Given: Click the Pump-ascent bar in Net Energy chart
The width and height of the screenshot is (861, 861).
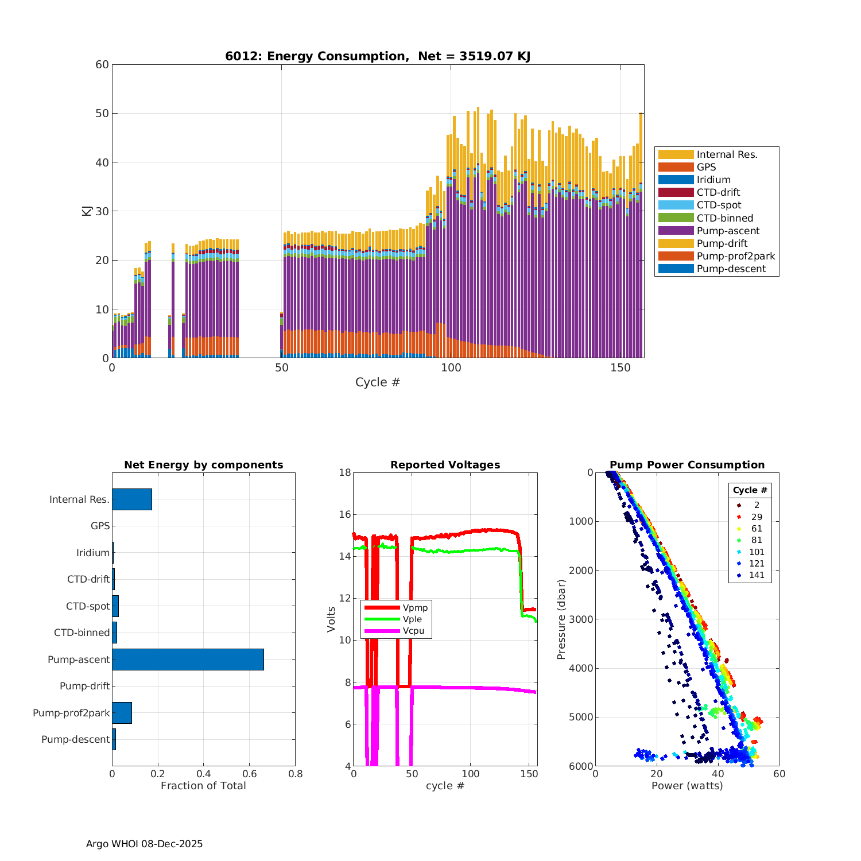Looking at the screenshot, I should [x=188, y=660].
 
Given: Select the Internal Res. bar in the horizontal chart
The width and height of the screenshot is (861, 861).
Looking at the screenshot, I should [x=132, y=499].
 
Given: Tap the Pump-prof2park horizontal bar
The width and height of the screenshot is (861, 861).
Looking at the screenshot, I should [x=122, y=713].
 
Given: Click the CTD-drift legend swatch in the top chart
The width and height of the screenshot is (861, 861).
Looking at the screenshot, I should [x=676, y=192].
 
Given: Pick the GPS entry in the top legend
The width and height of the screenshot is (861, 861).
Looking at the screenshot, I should [x=706, y=167].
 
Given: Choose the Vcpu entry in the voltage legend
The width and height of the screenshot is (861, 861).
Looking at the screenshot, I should [x=413, y=631].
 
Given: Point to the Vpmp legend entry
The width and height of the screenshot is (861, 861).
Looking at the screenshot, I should [x=415, y=607].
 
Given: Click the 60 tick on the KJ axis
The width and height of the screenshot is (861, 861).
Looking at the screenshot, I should [x=102, y=64].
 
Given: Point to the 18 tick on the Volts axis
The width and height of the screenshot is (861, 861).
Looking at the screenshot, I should [x=344, y=472].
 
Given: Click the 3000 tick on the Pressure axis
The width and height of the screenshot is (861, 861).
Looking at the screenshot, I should [x=581, y=619].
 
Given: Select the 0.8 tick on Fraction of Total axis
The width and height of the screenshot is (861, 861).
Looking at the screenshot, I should [x=295, y=774].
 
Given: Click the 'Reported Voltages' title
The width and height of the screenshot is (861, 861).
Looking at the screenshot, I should [x=445, y=465].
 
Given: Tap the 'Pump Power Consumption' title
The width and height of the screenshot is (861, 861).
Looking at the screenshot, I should [x=687, y=465].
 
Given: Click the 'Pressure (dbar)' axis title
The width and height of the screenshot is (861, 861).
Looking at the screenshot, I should [x=561, y=619].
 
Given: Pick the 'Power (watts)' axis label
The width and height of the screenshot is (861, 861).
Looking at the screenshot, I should [x=687, y=786].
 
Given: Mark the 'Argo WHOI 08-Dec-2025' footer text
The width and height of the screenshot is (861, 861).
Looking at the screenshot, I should [x=144, y=844].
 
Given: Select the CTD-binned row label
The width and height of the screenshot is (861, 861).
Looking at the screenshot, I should [x=82, y=633].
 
